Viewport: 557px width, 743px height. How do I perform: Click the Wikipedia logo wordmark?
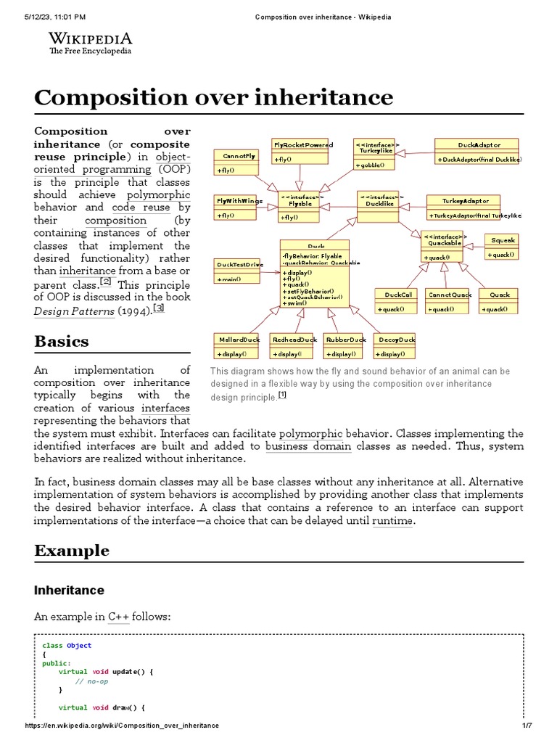point(90,39)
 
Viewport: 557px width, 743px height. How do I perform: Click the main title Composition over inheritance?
point(213,97)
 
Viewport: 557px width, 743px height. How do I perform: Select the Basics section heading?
point(62,341)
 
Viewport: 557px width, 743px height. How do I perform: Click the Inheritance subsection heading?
point(69,590)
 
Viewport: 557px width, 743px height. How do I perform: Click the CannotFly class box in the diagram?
point(239,163)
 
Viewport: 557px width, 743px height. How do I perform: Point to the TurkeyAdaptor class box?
point(467,208)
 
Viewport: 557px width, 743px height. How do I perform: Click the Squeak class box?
point(503,247)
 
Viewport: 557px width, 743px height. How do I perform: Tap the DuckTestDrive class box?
point(239,271)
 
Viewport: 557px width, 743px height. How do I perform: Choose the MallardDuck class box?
point(239,346)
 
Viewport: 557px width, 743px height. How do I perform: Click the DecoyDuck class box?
point(396,346)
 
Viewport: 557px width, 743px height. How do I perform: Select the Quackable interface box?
point(442,247)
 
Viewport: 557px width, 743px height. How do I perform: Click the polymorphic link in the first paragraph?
point(158,194)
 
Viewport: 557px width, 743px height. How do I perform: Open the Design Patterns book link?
point(74,311)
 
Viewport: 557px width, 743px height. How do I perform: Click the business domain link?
point(308,446)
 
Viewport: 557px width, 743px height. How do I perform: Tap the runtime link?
point(392,521)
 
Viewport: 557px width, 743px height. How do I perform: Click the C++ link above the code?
point(118,616)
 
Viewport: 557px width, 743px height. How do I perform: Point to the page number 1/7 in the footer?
point(527,726)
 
